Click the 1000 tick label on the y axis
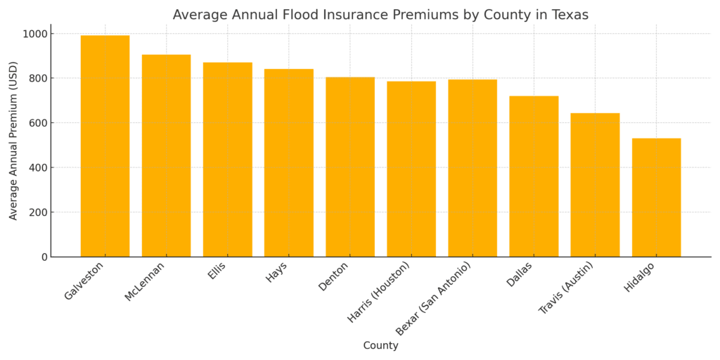(34, 34)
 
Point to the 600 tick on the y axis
(38, 123)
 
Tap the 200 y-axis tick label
(38, 212)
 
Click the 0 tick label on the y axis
(44, 257)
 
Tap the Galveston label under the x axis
(84, 281)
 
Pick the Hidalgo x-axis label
(639, 277)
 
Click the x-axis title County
(380, 346)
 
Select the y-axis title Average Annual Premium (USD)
(13, 141)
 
